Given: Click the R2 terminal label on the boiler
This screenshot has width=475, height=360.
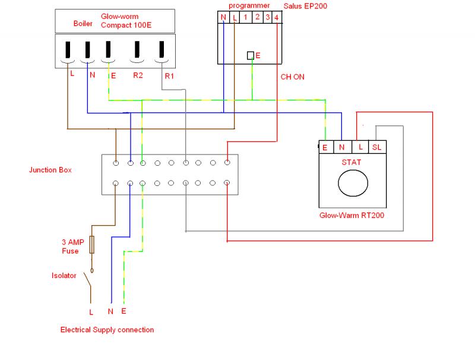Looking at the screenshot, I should click(138, 75).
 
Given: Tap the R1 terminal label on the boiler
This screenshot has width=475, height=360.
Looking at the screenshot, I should click(169, 75).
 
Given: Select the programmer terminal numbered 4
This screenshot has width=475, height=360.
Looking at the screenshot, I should click(277, 18).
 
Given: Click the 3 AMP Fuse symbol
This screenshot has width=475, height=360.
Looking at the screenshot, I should click(92, 245).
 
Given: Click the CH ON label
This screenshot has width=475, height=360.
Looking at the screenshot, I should click(293, 76).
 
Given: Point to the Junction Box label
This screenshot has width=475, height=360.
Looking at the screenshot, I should click(50, 170).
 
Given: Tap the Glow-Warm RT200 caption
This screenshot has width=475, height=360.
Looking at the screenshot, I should click(351, 215).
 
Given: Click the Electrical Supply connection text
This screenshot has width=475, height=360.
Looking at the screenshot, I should click(107, 330).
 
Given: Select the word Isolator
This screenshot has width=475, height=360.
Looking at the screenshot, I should click(64, 276).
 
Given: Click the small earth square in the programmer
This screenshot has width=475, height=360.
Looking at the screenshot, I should click(251, 55).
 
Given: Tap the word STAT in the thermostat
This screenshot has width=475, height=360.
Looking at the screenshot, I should click(351, 161).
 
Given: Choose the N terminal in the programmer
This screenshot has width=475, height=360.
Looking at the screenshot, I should click(223, 18).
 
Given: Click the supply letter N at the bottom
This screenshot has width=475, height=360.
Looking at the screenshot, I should click(110, 311).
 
